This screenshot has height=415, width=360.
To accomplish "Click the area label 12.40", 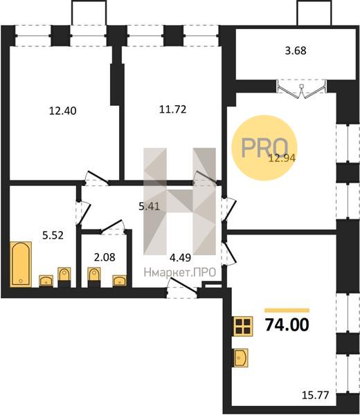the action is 63,111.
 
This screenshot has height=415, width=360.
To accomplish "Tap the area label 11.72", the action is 172,109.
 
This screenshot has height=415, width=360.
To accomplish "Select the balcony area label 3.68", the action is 296,50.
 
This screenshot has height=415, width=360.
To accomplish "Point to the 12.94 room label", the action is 282,158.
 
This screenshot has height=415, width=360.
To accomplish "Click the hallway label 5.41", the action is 150,206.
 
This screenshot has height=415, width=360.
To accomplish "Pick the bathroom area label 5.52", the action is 53,234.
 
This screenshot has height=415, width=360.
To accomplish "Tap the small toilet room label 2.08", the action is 105,257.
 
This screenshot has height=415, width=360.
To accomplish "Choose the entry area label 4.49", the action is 181,257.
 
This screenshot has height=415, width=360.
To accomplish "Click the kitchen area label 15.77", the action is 315,395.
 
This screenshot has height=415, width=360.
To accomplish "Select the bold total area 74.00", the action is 287,324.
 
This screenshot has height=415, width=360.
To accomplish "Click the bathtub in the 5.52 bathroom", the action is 21,264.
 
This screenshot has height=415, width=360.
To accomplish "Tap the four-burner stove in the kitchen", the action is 243,326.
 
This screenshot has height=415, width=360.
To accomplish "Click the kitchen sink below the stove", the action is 240,358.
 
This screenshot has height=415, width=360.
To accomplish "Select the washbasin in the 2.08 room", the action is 120,281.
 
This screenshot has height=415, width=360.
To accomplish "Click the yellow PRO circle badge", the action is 264,148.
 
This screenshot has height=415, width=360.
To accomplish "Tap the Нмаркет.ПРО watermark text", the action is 180,273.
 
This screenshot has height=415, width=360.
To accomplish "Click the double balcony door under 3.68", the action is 301,89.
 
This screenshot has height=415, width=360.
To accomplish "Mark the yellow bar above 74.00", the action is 287,311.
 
